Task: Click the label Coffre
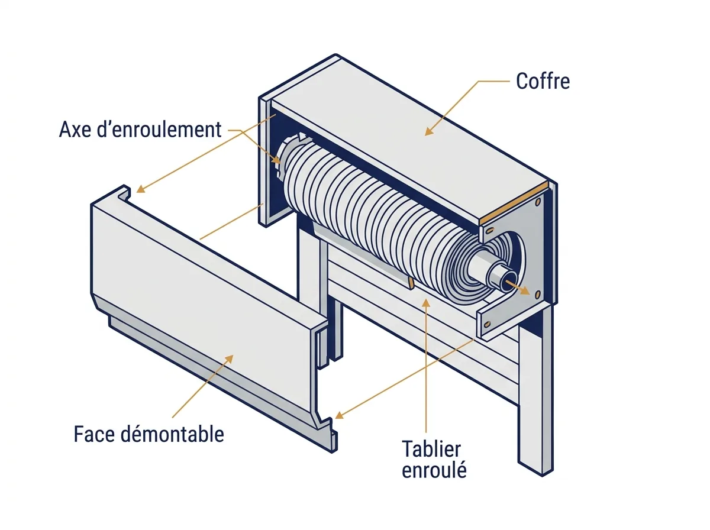(x=543, y=81)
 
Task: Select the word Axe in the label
(x=75, y=130)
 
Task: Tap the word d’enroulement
(x=159, y=130)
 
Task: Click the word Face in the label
(x=94, y=434)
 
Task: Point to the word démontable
(x=172, y=434)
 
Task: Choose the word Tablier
(x=431, y=449)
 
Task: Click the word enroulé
(x=434, y=470)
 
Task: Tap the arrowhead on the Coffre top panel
(x=428, y=131)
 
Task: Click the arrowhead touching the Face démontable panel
(x=229, y=359)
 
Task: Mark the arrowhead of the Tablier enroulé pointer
(x=427, y=303)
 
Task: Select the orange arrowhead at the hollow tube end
(x=525, y=290)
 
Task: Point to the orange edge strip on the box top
(x=514, y=203)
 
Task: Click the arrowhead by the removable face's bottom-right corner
(x=339, y=415)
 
